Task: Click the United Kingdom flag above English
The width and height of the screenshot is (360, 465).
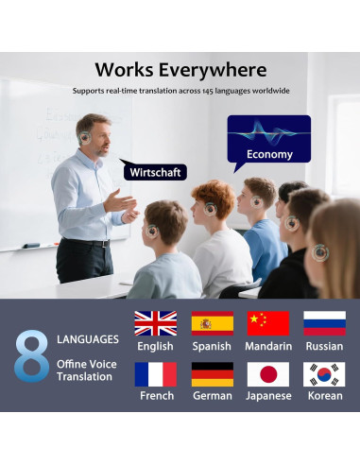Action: [x=155, y=323]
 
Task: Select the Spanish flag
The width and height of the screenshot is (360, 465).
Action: [x=212, y=323]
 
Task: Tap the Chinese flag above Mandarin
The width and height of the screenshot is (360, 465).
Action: [x=267, y=323]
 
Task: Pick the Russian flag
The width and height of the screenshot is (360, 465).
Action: [x=324, y=323]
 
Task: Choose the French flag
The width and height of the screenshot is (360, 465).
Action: [x=155, y=374]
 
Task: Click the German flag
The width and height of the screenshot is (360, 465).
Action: [x=212, y=374]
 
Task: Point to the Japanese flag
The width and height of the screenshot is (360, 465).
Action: [x=267, y=374]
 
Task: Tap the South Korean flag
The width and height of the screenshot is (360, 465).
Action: [x=324, y=374]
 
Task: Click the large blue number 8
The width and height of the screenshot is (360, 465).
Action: [x=31, y=354]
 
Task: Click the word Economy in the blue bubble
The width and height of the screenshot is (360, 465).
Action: [x=269, y=154]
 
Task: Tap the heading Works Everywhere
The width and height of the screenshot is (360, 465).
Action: [x=180, y=70]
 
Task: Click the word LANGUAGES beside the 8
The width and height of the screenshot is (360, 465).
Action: [x=88, y=338]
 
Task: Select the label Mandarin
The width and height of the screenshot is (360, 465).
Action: [x=267, y=346]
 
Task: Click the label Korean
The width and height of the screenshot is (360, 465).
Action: [x=324, y=396]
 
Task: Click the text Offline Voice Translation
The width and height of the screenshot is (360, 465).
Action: [x=84, y=370]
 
